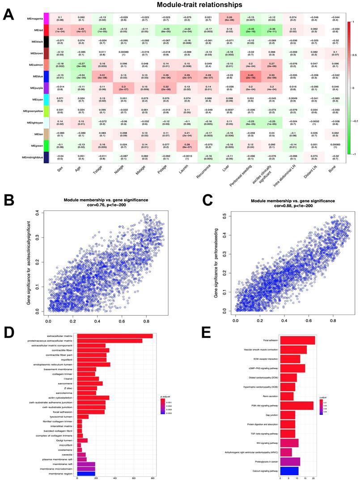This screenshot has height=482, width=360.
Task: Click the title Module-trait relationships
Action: click(x=193, y=5)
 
